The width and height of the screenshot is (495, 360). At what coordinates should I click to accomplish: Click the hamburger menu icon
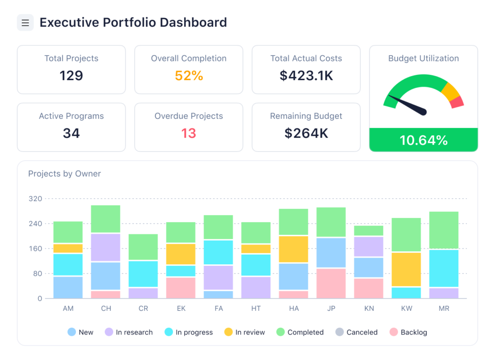pos(25,23)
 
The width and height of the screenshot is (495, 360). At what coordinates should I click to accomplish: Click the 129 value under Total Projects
pos(72,75)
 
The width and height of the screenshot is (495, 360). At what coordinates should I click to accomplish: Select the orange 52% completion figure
pos(189,75)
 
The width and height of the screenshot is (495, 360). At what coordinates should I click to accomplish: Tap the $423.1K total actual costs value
pos(306,75)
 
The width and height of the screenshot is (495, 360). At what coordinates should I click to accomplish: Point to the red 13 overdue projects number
pos(189,133)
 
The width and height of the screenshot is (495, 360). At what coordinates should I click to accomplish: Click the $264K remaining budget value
pos(306,133)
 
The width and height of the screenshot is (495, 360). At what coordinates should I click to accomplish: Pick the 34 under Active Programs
pos(72,133)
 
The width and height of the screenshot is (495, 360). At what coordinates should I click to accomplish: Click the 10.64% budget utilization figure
pos(423,140)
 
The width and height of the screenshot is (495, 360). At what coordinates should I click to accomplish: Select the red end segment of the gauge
pos(457,102)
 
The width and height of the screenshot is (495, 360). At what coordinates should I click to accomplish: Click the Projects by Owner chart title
pos(64,174)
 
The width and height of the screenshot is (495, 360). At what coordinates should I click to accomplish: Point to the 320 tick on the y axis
pos(36,199)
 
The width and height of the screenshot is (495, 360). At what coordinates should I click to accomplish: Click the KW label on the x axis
pos(406,308)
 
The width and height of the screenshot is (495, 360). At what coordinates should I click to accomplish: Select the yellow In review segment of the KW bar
pos(406,269)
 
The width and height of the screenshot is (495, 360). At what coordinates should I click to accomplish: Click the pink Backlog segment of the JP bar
pos(331,284)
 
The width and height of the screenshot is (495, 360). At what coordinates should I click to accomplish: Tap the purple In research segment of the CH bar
pos(106,247)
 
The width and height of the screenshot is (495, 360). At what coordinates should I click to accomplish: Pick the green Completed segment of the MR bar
pos(444,230)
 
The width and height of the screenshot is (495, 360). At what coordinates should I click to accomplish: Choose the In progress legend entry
pos(189,332)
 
